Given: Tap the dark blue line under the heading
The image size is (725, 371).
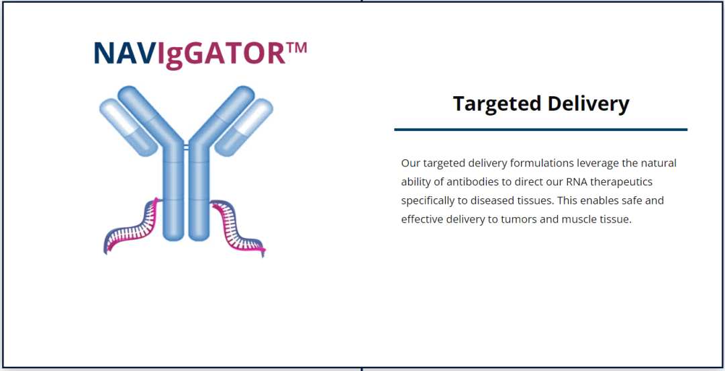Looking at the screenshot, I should (x=540, y=129).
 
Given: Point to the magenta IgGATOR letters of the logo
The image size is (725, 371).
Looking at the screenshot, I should (x=222, y=53).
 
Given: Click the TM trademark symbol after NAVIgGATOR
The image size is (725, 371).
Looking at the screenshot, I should (x=297, y=48).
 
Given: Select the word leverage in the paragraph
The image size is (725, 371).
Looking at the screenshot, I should (x=598, y=163).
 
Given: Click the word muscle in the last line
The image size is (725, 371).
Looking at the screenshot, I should (x=574, y=220).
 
